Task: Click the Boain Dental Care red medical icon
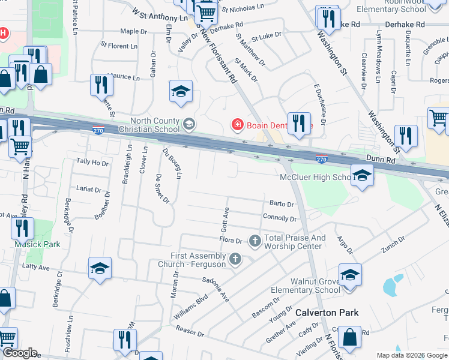tap(238, 125)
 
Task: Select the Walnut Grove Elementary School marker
tap(350, 276)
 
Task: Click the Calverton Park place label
tap(327, 313)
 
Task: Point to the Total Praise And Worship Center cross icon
tap(255, 241)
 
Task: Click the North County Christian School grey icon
tap(188, 124)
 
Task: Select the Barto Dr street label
tap(282, 205)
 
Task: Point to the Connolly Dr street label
tap(280, 218)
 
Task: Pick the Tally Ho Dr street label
tap(92, 162)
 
